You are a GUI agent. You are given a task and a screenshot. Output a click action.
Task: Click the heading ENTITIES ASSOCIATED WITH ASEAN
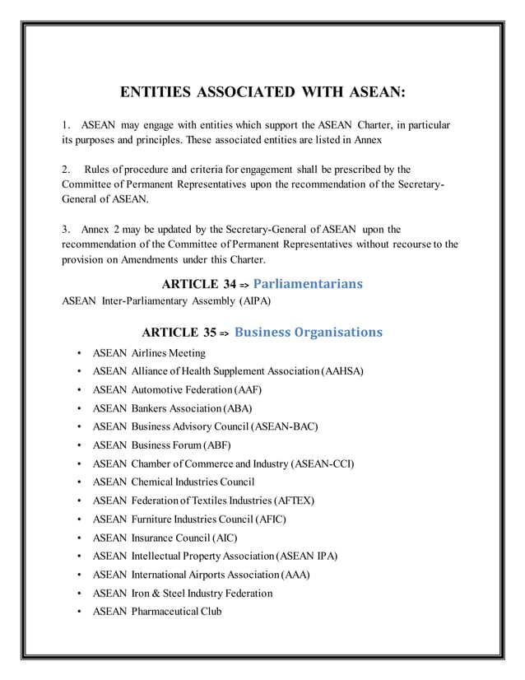(262, 91)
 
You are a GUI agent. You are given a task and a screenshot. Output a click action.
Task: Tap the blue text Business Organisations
(308, 333)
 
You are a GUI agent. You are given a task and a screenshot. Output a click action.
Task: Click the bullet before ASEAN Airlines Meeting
(78, 353)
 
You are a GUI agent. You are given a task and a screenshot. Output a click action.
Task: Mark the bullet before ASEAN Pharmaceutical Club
(78, 612)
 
